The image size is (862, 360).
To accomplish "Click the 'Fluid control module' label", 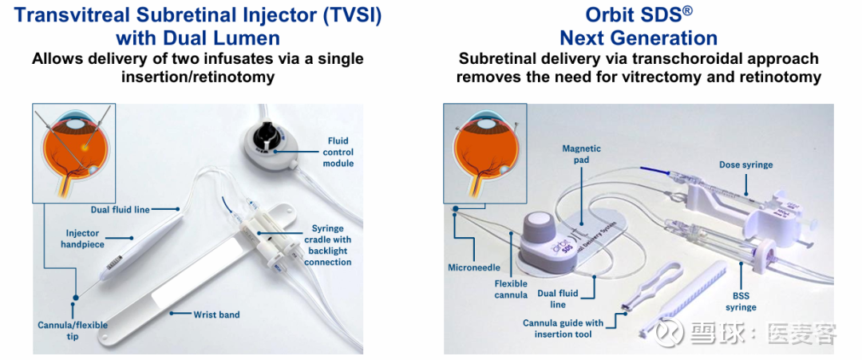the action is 338,152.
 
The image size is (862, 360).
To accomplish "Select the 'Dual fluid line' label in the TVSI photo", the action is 120,209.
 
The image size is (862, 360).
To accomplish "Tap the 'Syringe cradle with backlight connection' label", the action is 328,244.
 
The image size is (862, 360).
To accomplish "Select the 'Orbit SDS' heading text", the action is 637,15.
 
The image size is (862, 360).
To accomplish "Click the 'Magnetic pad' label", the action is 582,154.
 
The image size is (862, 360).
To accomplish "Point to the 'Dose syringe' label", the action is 746,164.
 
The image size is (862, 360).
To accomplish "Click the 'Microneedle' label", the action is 473,267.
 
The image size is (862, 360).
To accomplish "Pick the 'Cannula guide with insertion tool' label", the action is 563,328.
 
